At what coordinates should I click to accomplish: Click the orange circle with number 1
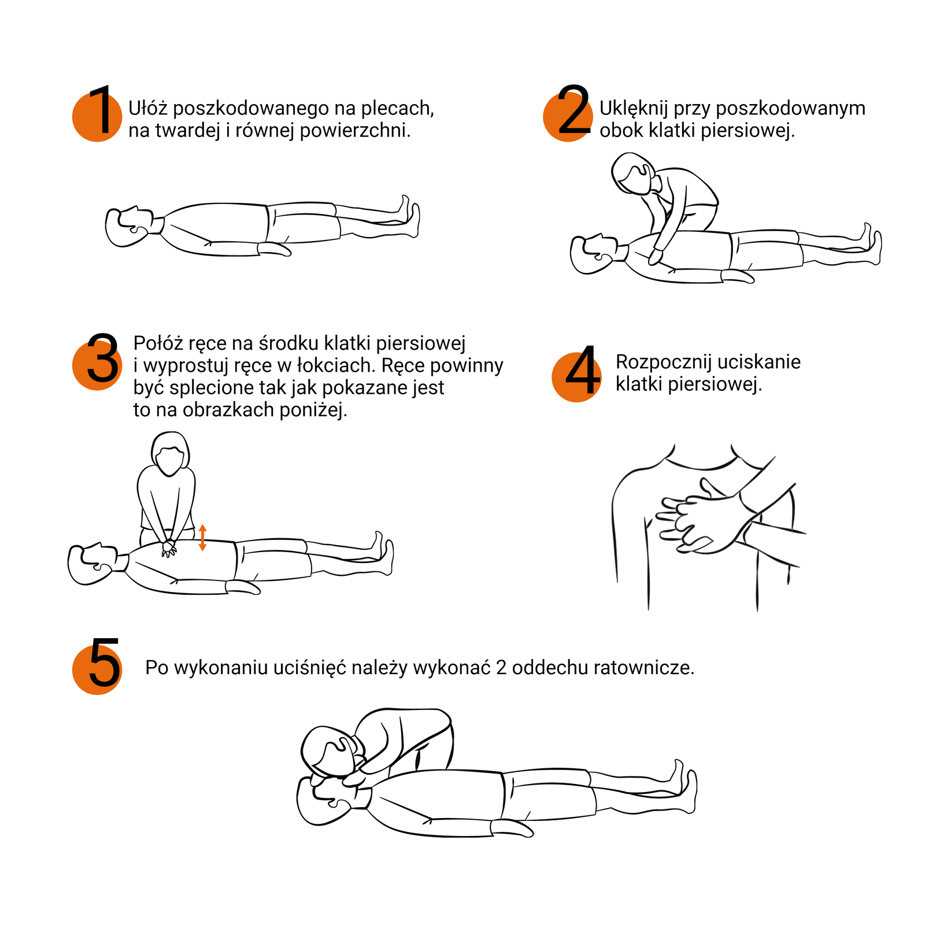coord(97,117)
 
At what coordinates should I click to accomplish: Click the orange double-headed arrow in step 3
coord(202,538)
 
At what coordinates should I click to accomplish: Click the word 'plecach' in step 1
coord(397,108)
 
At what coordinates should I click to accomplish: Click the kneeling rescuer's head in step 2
coord(635,173)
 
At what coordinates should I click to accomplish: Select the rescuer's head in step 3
coord(170,454)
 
